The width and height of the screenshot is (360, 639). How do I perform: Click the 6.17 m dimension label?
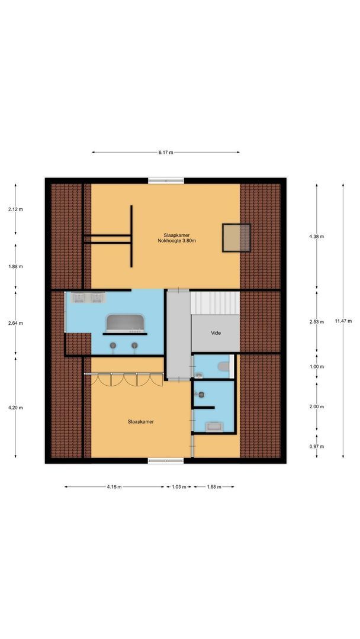(166, 153)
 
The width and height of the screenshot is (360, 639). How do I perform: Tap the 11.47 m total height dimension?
(343, 321)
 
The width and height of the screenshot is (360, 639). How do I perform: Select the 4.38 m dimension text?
(317, 236)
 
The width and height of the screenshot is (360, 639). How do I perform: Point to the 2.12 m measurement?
(15, 209)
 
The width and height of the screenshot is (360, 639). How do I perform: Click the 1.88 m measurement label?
(15, 266)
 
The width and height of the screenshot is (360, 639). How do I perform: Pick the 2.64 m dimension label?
(15, 323)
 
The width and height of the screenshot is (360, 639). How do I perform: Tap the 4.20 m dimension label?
(15, 407)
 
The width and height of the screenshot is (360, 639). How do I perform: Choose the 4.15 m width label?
(114, 487)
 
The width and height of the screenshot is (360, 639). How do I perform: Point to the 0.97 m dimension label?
(317, 446)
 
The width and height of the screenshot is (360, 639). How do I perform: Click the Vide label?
(216, 333)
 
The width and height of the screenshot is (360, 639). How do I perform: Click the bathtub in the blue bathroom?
(124, 323)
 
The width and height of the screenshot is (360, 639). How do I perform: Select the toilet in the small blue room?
(224, 367)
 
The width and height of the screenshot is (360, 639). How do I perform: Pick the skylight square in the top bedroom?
(236, 237)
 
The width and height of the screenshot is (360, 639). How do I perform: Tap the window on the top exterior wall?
(166, 180)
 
